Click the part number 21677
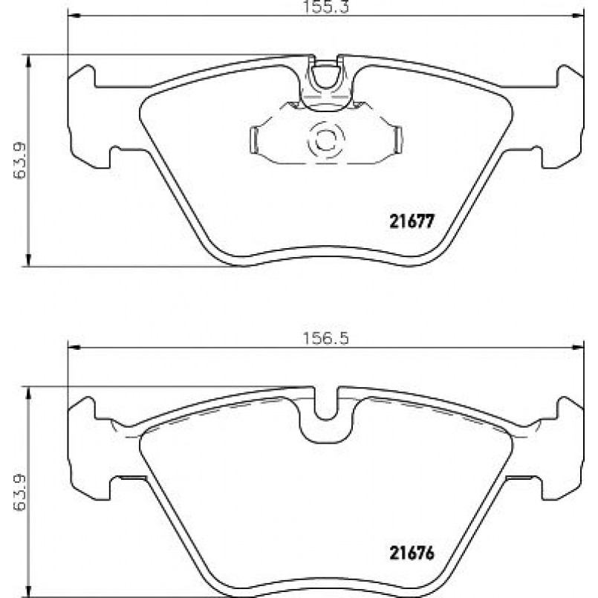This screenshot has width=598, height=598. coord(412,221)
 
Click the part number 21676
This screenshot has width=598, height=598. coord(412,553)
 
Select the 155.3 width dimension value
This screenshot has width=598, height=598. coord(326,7)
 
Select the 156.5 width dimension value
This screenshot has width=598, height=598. coord(326,338)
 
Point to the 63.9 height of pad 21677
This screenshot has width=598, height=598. coord(19,160)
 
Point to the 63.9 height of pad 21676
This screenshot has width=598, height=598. coord(19,493)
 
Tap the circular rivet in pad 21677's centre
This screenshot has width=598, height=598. coord(325,140)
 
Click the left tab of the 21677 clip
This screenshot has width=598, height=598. coord(254,140)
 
